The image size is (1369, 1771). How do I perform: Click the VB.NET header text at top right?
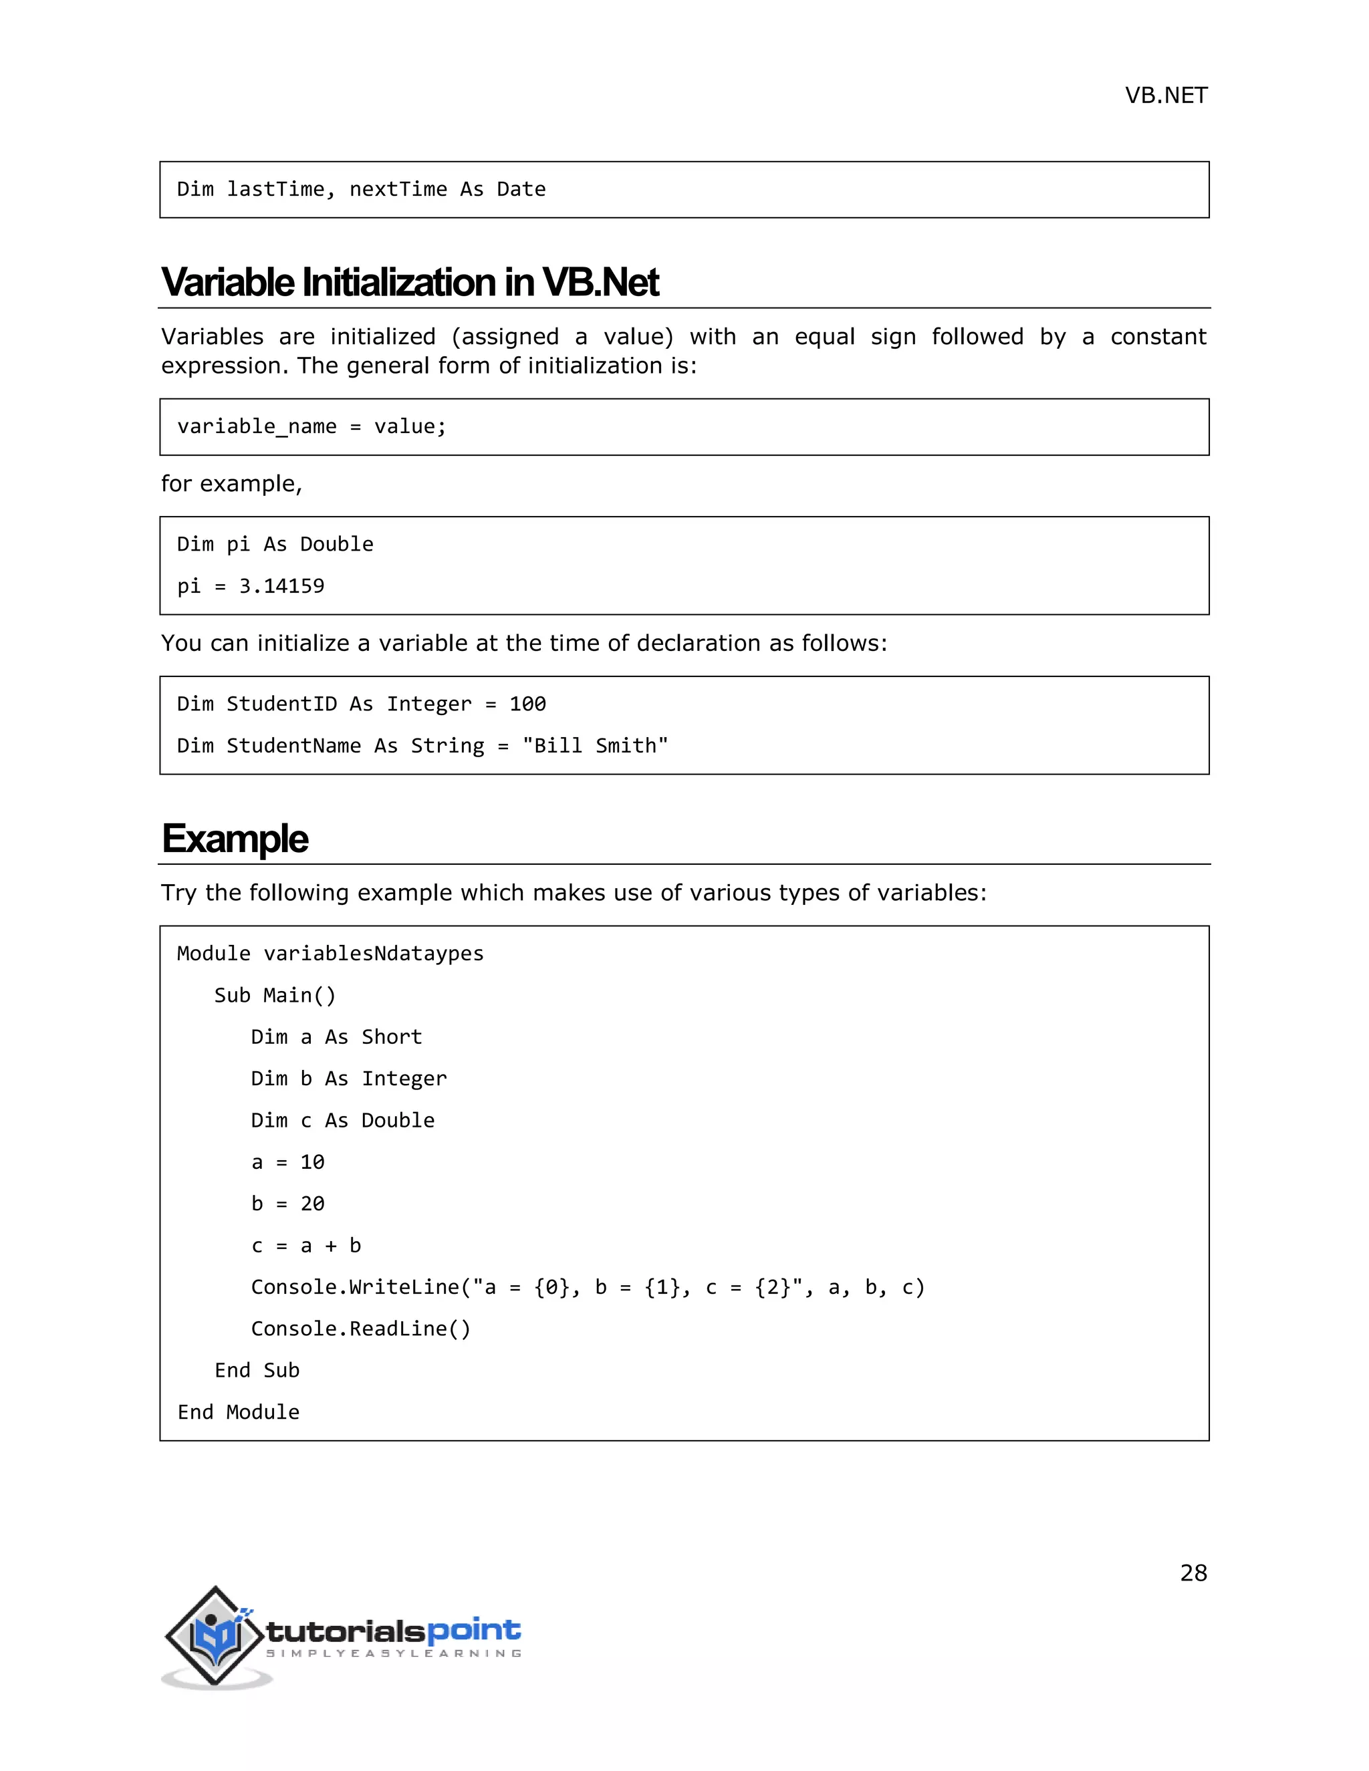tap(1165, 96)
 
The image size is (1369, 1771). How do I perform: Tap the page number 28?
tap(1193, 1573)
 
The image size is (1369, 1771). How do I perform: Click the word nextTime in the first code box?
tap(398, 190)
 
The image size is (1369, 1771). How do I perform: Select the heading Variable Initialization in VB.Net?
tap(410, 282)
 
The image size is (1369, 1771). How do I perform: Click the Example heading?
tap(235, 839)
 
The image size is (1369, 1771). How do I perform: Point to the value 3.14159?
tap(281, 586)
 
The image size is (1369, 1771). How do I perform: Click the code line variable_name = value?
tap(312, 426)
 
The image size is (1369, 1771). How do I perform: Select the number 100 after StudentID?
tap(527, 704)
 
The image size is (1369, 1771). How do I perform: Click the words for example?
tap(231, 484)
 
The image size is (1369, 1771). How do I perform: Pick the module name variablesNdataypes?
tap(373, 954)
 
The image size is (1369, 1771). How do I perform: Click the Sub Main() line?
tap(274, 996)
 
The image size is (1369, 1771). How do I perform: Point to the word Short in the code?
tap(392, 1037)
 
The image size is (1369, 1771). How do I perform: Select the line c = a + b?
tap(305, 1246)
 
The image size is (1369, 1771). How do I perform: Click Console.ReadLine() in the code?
tap(360, 1329)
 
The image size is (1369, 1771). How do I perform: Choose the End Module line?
tap(239, 1413)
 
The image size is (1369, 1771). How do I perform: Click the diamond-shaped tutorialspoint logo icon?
tap(215, 1637)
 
